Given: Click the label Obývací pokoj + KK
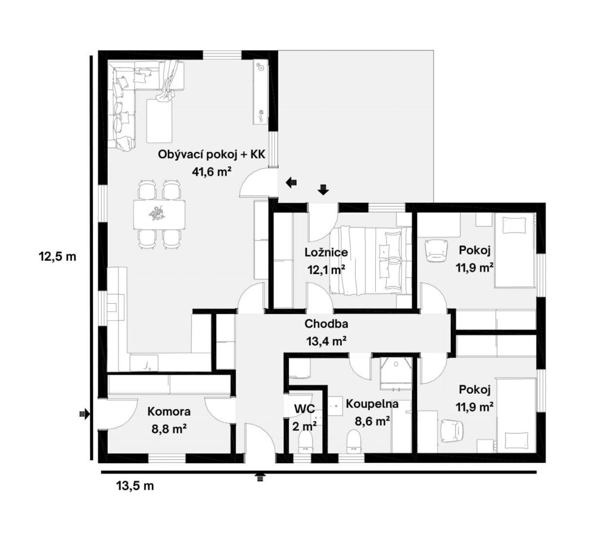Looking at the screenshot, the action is pos(211,155).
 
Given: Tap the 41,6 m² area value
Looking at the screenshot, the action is pos(211,172).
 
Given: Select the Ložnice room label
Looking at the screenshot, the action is pos(326,253).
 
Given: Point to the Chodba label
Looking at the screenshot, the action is pos(326,323).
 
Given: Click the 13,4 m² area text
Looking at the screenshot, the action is pos(326,341).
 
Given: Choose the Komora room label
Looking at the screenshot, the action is pos(169,412).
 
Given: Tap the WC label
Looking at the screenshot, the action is pos(304,409).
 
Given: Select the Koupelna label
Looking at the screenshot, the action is pos(372,404).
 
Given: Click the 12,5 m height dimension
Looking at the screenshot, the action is pos(57,257).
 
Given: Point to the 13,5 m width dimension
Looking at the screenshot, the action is pos(135,486).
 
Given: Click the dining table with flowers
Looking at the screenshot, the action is pos(159,214).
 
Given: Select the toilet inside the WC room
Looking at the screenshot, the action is pos(306,442).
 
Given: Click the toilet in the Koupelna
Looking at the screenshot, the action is pos(354,441).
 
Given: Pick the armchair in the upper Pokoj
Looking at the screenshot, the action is pos(436,250).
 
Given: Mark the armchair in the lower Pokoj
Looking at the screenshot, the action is pos(453,430).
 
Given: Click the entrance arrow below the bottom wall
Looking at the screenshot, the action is pos(260,478).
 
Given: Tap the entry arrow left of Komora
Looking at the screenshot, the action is pos(85,414).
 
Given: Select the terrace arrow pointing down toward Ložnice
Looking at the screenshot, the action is pos(323,189).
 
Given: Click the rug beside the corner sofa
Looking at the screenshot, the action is pos(160,121).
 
